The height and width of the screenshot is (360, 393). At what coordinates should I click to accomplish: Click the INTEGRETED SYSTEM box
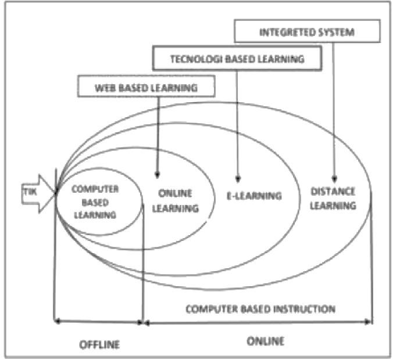[x=307, y=31]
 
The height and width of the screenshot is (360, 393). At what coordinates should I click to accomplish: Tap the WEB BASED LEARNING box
[x=146, y=88]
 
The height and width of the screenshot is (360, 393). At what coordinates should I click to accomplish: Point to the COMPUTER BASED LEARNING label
[x=95, y=201]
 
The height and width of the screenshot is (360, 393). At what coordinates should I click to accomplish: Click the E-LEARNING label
[x=253, y=196]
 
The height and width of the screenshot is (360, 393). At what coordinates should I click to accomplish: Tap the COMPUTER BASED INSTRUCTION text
[x=260, y=308]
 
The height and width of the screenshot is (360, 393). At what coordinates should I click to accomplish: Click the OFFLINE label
[x=99, y=344]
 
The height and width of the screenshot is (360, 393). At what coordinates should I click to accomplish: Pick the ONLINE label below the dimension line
[x=266, y=341]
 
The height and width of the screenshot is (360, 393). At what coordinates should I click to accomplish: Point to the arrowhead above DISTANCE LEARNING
[x=334, y=178]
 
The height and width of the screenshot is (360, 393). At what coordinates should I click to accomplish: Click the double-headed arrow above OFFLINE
[x=98, y=321]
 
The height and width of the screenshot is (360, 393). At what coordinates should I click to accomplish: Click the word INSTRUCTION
[x=305, y=308]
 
